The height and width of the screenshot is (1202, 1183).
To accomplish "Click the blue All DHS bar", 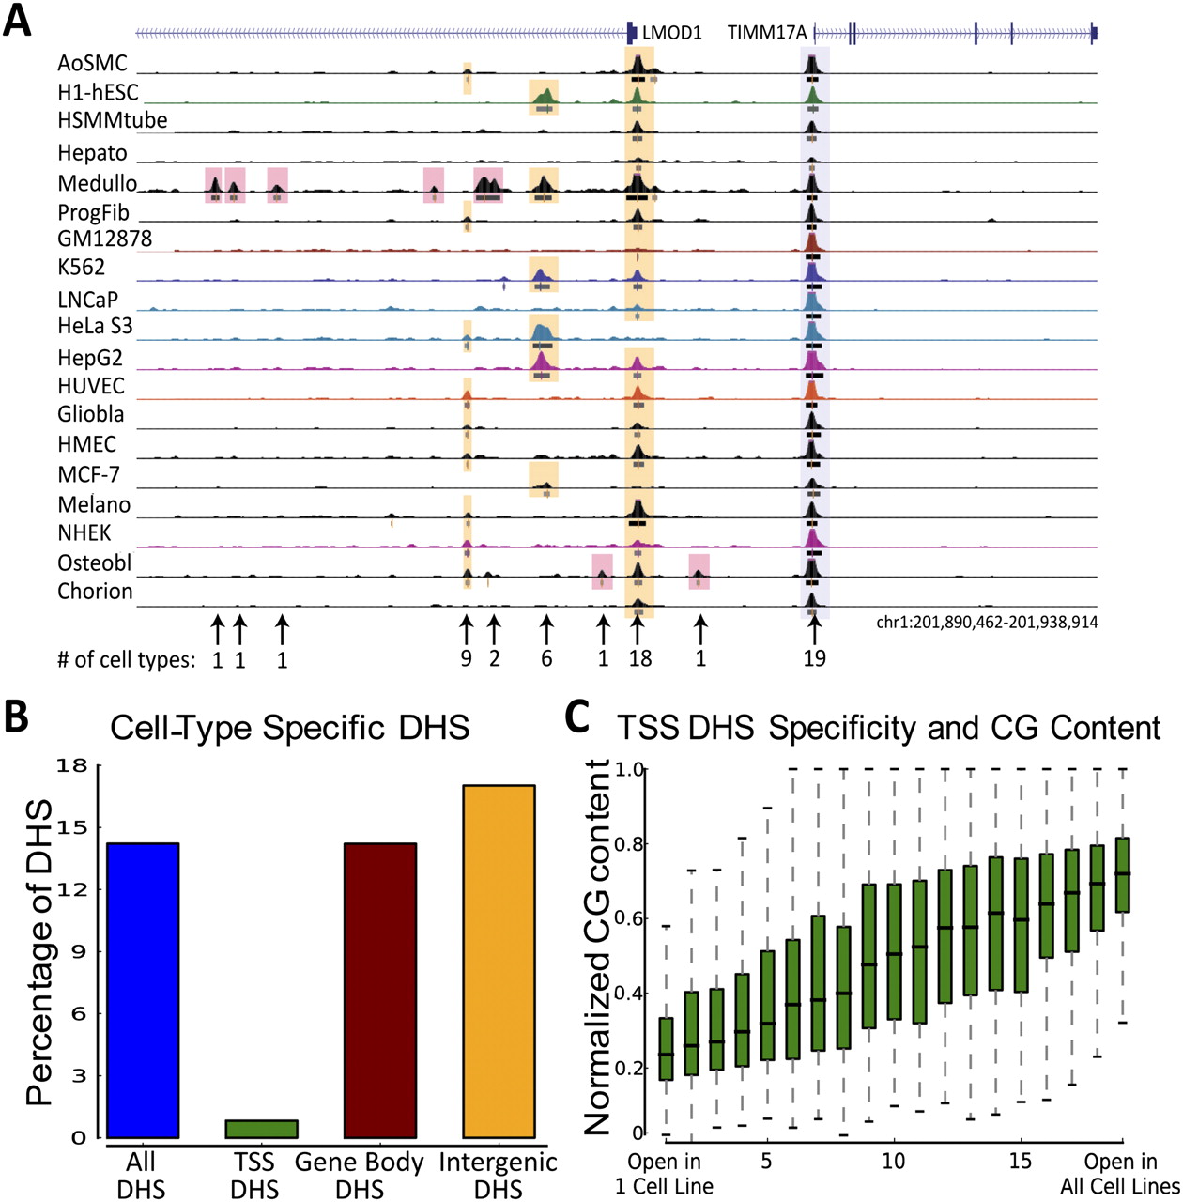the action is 144,990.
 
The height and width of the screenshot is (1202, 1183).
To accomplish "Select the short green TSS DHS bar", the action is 261,1129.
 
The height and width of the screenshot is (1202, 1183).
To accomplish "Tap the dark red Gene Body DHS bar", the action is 380,990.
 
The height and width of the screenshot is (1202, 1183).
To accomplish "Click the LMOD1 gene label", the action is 672,33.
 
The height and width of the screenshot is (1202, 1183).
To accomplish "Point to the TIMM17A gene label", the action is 767,33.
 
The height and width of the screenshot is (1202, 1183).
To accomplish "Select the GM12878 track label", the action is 105,239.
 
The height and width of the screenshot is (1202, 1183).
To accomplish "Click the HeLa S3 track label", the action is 95,326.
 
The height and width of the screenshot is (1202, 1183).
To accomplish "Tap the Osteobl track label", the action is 94,562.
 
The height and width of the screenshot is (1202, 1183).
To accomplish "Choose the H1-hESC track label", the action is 98,92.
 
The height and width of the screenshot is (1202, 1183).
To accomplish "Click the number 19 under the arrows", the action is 814,658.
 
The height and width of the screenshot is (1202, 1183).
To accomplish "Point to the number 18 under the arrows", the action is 640,658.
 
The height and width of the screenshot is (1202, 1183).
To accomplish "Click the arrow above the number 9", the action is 466,630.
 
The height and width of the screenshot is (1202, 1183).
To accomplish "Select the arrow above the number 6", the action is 546,630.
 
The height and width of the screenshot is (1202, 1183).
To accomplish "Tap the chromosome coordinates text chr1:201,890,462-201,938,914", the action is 987,622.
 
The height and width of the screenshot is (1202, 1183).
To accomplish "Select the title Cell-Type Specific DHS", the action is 289,728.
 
